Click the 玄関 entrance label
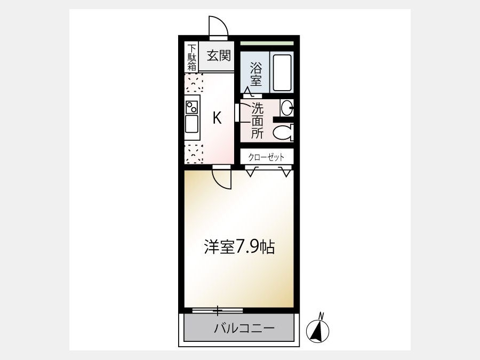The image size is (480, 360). click(219, 56)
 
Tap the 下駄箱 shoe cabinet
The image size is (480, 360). click(191, 57)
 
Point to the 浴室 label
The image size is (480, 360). click(255, 74)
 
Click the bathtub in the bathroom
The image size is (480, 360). click(282, 73)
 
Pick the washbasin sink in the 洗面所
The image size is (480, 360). click(287, 108)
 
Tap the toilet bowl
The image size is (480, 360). click(283, 133)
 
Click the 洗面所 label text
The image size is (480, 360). click(257, 121)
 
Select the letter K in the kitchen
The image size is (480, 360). click(218, 117)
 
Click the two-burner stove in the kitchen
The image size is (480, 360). click(191, 107)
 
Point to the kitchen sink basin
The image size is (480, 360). click(191, 124)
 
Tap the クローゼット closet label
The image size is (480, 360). click(266, 157)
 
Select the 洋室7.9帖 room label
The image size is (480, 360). click(239, 247)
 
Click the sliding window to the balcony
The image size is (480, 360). click(218, 310)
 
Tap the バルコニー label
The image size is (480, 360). click(244, 329)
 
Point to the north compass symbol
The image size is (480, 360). click(318, 331)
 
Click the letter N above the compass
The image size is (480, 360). click(321, 315)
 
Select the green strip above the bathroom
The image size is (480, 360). click(267, 43)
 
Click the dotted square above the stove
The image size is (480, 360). click(194, 83)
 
